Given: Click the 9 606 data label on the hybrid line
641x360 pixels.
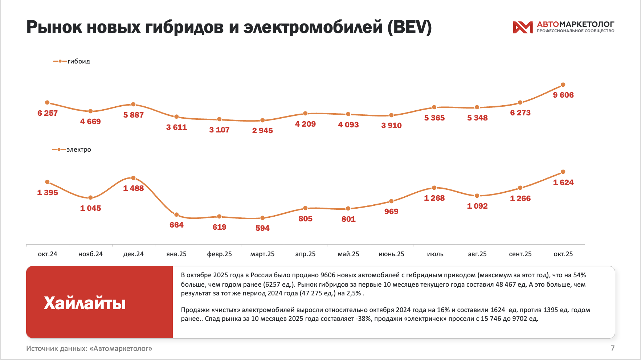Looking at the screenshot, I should pyautogui.click(x=563, y=95).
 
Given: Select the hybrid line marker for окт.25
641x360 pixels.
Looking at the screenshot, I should pyautogui.click(x=563, y=85).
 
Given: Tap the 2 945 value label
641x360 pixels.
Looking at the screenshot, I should pyautogui.click(x=262, y=131).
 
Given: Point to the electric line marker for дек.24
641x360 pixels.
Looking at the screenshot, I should pyautogui.click(x=133, y=178).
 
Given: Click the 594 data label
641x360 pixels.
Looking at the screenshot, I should pyautogui.click(x=262, y=228).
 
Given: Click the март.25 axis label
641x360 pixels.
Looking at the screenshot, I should pyautogui.click(x=262, y=254).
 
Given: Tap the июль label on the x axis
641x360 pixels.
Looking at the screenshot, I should pyautogui.click(x=435, y=254).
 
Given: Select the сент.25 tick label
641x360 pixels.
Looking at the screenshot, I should pyautogui.click(x=520, y=254).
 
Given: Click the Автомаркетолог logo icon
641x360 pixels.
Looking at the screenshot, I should pyautogui.click(x=522, y=27).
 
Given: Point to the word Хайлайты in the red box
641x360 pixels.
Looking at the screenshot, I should pyautogui.click(x=85, y=303).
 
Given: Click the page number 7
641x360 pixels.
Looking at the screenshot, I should pyautogui.click(x=613, y=348).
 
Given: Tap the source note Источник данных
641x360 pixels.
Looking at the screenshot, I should pyautogui.click(x=89, y=348).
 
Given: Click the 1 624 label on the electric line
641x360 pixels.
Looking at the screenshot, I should pyautogui.click(x=563, y=183).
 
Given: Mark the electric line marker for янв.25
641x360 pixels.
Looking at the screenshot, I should pyautogui.click(x=176, y=215).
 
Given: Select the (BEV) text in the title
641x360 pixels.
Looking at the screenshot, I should pyautogui.click(x=409, y=27).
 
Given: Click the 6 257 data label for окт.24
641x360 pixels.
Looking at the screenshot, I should pyautogui.click(x=48, y=113).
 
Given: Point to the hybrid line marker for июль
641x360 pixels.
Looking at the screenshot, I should pyautogui.click(x=434, y=107).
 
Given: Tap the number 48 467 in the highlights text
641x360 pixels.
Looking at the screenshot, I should pyautogui.click(x=506, y=285).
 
